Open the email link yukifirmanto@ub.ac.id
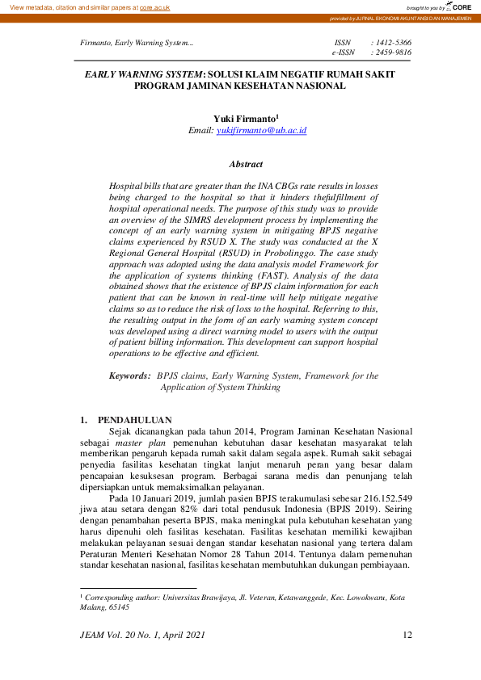click(x=261, y=129)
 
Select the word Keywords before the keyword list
click(x=129, y=376)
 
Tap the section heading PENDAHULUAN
click(x=135, y=420)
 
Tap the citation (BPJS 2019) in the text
click(x=350, y=510)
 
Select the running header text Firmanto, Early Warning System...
click(x=137, y=42)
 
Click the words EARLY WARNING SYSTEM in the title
click(x=145, y=73)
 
